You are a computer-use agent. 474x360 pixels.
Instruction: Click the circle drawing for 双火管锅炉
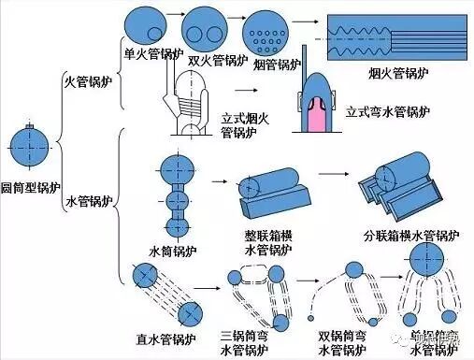206,29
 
